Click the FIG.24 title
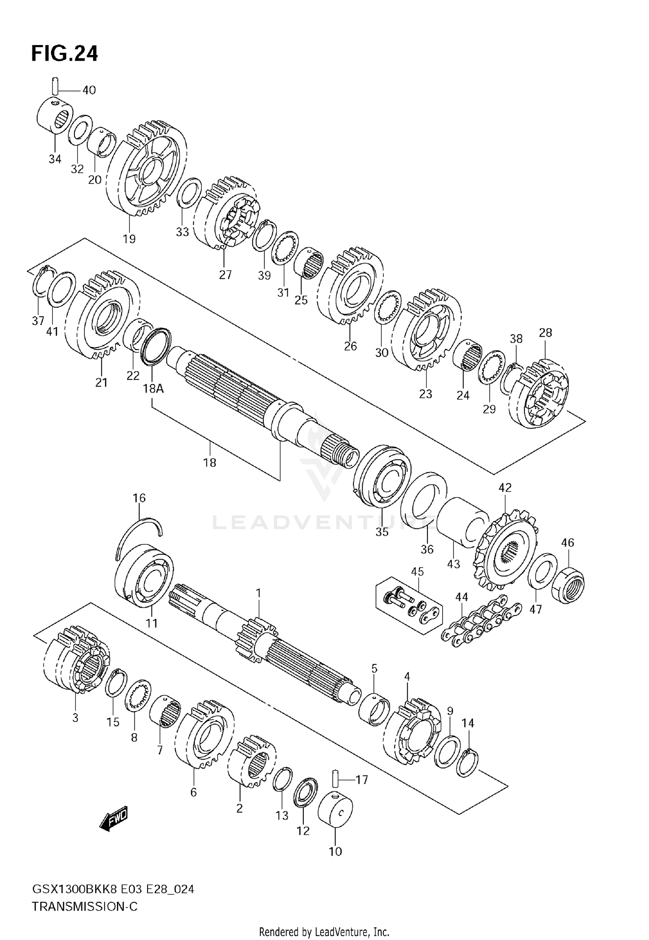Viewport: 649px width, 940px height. point(64,54)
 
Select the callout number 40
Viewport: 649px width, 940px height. point(89,90)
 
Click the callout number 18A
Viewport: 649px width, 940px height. point(153,388)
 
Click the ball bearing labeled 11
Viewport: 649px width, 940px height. point(145,578)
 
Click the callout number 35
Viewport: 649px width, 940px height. point(382,532)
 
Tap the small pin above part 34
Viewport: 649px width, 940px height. point(55,85)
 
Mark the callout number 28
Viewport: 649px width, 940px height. point(546,332)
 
